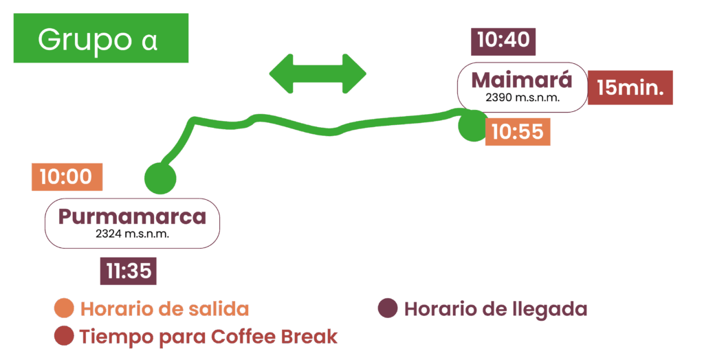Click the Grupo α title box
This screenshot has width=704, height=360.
(x=100, y=38)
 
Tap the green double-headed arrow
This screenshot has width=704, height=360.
(x=318, y=73)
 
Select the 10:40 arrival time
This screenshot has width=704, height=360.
(x=503, y=41)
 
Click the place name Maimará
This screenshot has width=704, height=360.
(x=522, y=80)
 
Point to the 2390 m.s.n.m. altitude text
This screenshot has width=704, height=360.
(x=522, y=98)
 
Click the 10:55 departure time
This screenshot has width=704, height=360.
(x=518, y=131)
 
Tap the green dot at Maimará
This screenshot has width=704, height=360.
(x=473, y=126)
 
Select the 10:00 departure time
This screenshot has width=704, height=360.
(x=66, y=177)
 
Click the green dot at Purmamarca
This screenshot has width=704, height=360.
(x=159, y=179)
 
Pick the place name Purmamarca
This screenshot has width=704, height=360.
(x=132, y=216)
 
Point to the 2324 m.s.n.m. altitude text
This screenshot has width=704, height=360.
(x=132, y=234)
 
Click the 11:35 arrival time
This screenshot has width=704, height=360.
(x=129, y=271)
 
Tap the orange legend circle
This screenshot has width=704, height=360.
(x=64, y=308)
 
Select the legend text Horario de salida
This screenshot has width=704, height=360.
(x=165, y=309)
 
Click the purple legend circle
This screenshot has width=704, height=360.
(x=388, y=308)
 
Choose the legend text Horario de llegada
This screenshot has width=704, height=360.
(x=496, y=309)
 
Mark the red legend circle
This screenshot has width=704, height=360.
(x=64, y=336)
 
